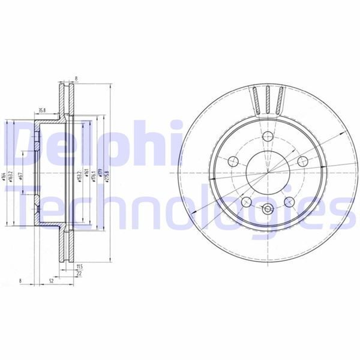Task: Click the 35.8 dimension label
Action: click(41, 111)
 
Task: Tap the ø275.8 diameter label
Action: click(108, 175)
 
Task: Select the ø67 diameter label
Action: click(21, 175)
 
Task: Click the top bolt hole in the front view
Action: click(266, 136)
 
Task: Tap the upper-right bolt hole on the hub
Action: click(302, 161)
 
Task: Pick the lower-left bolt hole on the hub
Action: click(245, 202)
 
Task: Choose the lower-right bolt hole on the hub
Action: click(289, 202)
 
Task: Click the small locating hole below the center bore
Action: click(266, 210)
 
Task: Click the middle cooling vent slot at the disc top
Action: click(268, 99)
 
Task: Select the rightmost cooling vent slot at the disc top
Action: click(279, 100)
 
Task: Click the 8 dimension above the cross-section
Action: click(77, 77)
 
